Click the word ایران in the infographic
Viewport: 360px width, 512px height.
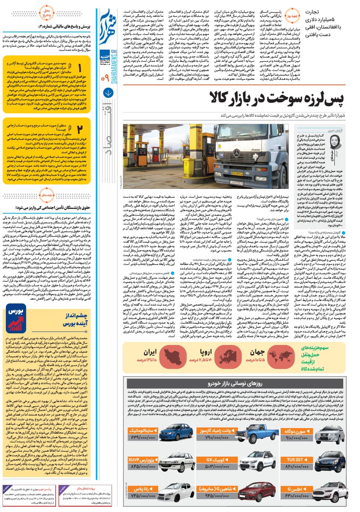coord(150,352)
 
